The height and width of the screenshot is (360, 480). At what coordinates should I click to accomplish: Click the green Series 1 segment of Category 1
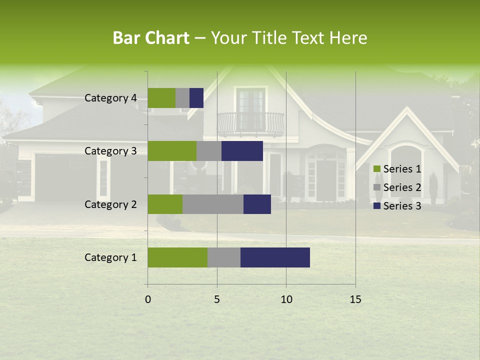(x=177, y=257)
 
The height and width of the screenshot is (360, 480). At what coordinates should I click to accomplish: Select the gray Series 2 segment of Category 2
(x=213, y=204)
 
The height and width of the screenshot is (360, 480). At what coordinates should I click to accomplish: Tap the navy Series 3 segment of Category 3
(x=242, y=151)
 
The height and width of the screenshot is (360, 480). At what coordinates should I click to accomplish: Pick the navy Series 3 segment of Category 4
(x=196, y=98)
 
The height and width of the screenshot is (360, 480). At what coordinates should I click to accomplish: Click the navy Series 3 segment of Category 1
(x=275, y=257)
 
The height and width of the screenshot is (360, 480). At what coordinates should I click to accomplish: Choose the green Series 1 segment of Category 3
(x=172, y=151)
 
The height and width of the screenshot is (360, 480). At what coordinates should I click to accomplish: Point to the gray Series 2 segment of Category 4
(x=182, y=98)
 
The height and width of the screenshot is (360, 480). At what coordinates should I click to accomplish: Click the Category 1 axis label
(x=110, y=257)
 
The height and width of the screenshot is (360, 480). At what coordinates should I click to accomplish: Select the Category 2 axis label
(x=110, y=204)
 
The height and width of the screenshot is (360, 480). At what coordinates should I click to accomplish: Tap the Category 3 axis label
(x=110, y=151)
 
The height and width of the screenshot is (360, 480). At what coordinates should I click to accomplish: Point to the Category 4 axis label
(x=110, y=98)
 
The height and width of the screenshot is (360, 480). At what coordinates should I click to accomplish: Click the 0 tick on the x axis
(x=148, y=299)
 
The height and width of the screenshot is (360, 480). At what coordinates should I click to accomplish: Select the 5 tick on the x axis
(x=217, y=299)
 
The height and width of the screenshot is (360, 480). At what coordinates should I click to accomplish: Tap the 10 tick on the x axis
(x=286, y=299)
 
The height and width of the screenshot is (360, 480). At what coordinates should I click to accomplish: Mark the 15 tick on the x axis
(x=355, y=299)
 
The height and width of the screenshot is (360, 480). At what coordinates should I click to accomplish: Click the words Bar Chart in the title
(x=151, y=38)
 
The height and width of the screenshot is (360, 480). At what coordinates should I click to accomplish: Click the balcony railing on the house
(x=250, y=123)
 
